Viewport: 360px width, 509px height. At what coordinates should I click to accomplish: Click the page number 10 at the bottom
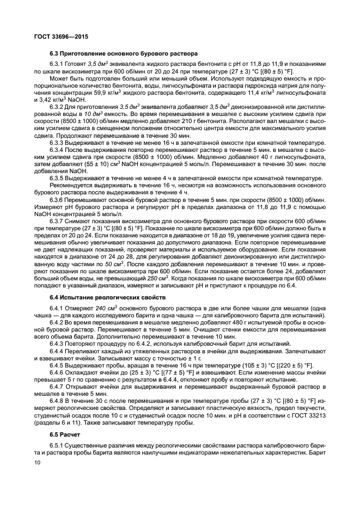pyautogui.click(x=38, y=462)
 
